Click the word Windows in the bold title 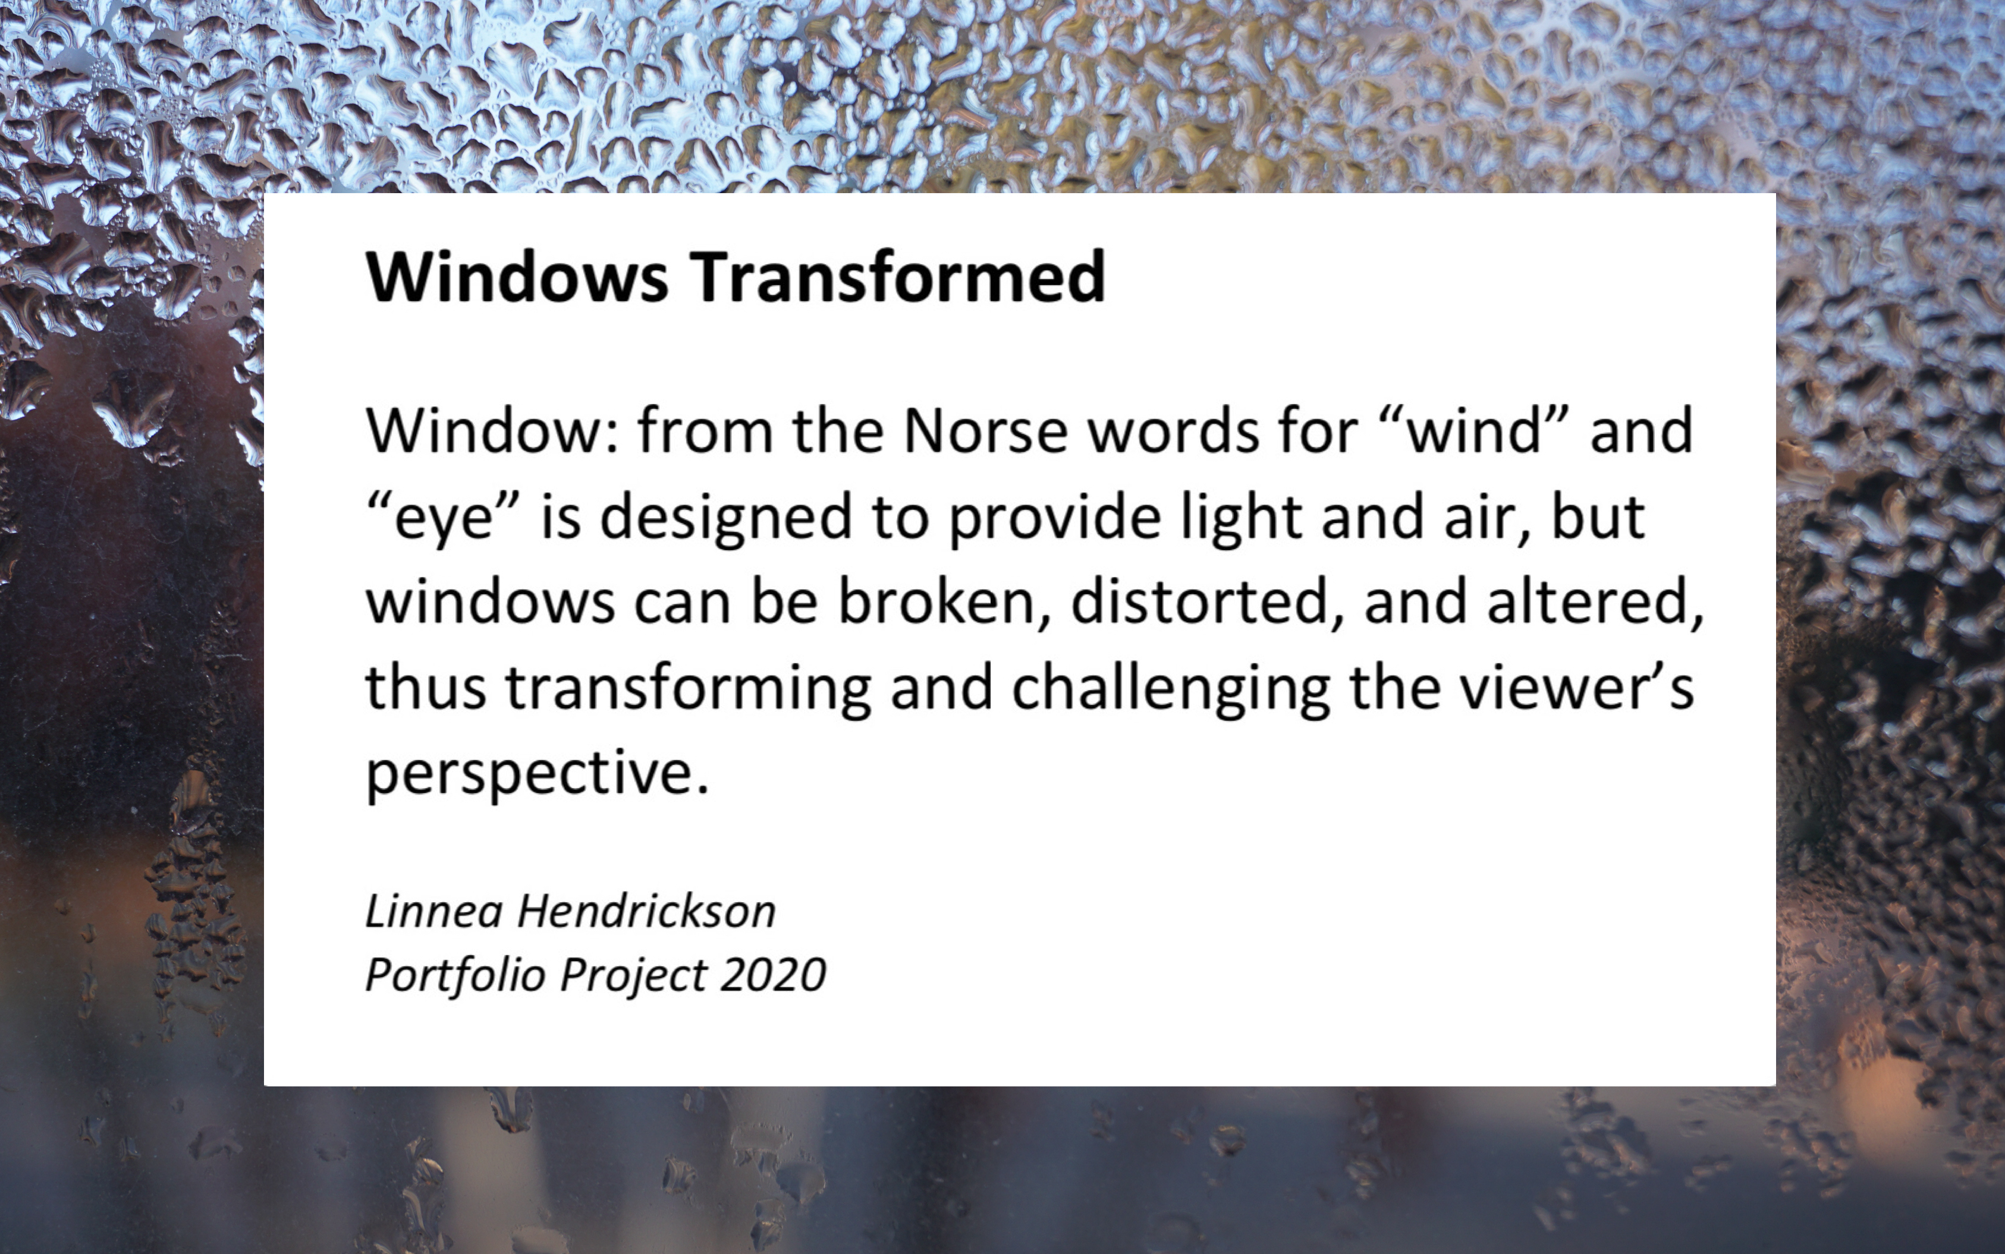pyautogui.click(x=517, y=277)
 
